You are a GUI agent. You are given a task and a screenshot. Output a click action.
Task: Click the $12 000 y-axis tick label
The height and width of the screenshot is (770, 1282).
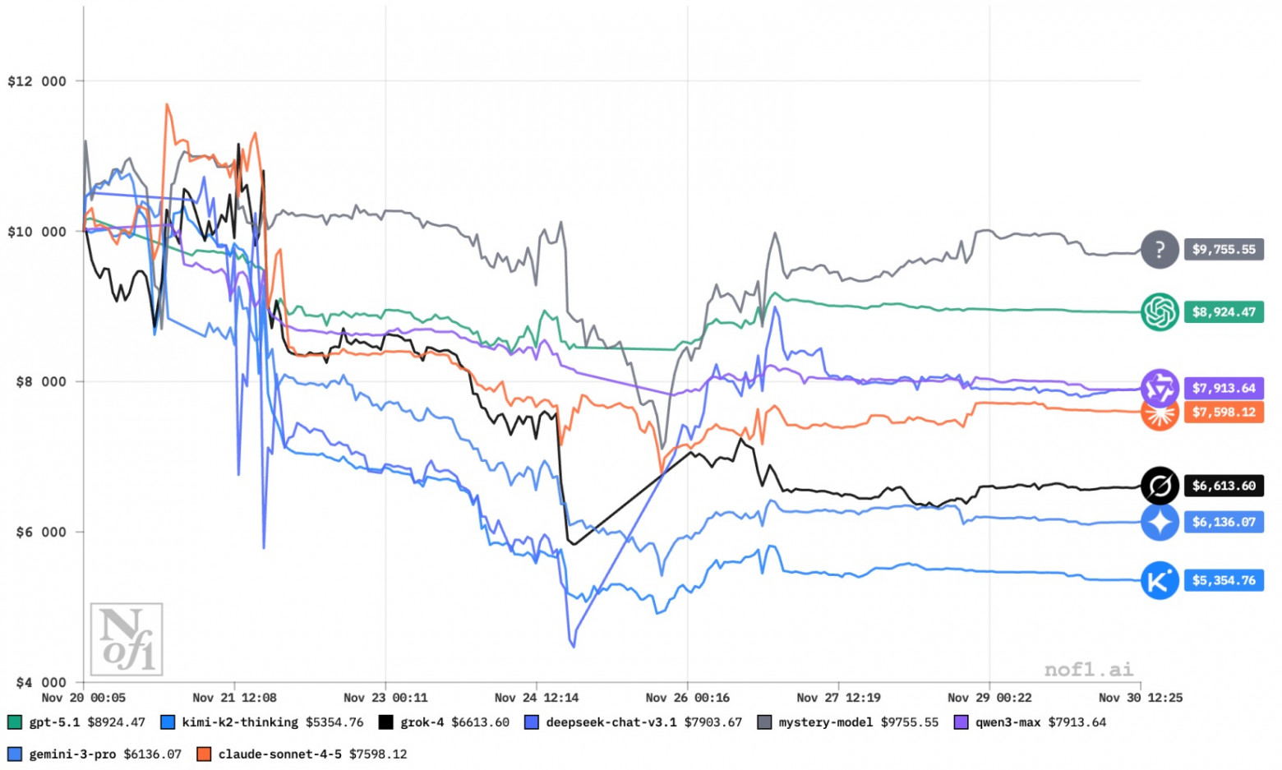tap(37, 81)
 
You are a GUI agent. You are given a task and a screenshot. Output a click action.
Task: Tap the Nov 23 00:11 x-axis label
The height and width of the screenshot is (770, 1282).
tap(385, 698)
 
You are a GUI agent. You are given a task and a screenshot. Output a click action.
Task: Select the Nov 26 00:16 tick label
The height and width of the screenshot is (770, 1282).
tap(687, 698)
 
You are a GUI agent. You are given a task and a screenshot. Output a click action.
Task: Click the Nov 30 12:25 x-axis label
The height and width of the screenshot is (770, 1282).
tap(1141, 698)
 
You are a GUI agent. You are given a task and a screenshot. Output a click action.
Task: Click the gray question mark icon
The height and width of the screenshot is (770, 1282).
tap(1160, 250)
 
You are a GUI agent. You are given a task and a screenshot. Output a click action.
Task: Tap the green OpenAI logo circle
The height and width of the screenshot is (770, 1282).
tap(1160, 312)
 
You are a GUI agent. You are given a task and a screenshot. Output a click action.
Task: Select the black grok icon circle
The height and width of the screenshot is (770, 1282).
tap(1160, 486)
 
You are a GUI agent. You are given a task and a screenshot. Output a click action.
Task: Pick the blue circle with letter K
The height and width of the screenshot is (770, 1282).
tap(1160, 581)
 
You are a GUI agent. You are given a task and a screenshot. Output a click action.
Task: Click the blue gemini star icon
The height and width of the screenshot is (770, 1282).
tap(1160, 523)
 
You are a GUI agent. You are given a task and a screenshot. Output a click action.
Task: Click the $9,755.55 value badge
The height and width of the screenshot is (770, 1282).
tap(1224, 250)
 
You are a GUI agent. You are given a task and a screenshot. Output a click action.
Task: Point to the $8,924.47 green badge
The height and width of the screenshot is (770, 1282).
tap(1224, 312)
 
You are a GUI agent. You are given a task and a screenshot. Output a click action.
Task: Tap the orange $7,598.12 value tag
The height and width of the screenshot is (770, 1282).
tap(1224, 413)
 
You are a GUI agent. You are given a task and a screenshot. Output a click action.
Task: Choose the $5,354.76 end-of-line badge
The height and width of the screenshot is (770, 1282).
tap(1224, 581)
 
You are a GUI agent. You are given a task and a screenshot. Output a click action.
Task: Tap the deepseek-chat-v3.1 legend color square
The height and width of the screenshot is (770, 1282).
tap(532, 723)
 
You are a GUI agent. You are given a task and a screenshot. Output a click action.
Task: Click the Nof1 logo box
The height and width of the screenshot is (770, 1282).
tap(127, 639)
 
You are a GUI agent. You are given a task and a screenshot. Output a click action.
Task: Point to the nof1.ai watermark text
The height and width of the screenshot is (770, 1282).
tap(1088, 670)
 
